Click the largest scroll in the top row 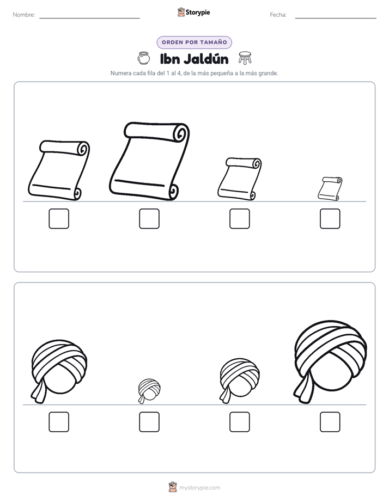click(x=149, y=161)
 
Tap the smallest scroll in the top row click(x=330, y=188)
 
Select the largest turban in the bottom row click(x=330, y=362)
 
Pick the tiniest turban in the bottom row click(x=149, y=391)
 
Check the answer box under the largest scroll click(x=149, y=219)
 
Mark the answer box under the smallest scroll click(x=330, y=219)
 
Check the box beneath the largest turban click(x=330, y=422)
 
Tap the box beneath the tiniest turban click(x=149, y=422)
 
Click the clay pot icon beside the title click(x=143, y=58)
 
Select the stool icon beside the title click(x=245, y=58)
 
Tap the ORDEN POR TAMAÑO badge click(x=194, y=42)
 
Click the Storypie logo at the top click(x=193, y=12)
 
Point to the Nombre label click(x=24, y=15)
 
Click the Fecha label click(x=278, y=15)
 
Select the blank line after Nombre click(x=89, y=19)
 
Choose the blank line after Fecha click(x=336, y=19)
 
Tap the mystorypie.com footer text click(x=199, y=488)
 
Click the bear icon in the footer click(x=173, y=487)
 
